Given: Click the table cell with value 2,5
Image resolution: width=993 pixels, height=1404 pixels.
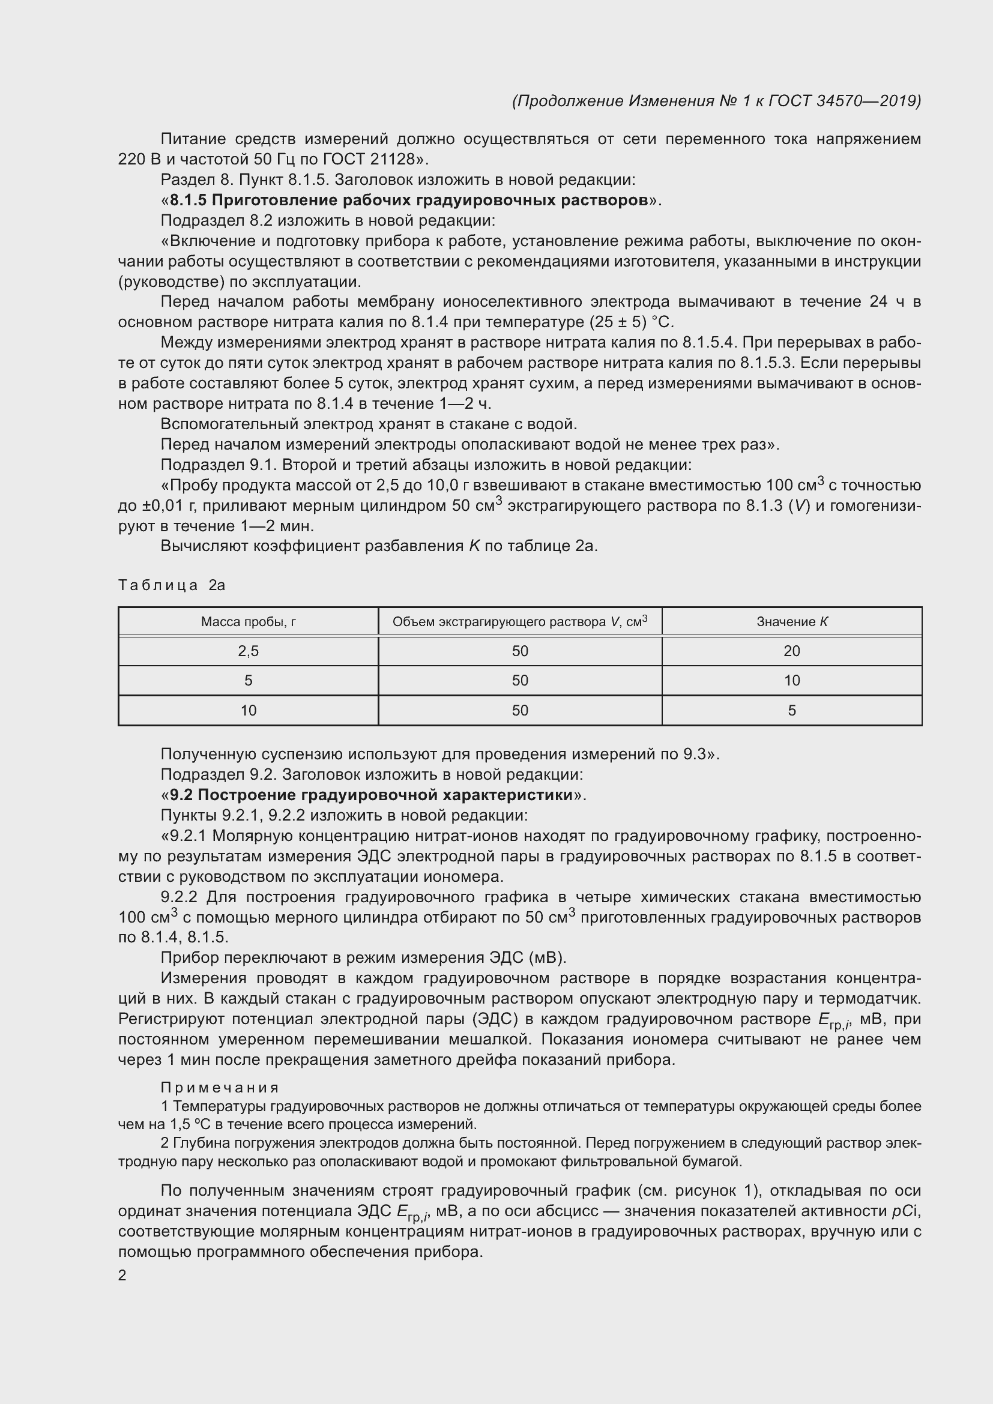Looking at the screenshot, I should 249,651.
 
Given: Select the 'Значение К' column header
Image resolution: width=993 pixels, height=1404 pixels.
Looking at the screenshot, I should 792,622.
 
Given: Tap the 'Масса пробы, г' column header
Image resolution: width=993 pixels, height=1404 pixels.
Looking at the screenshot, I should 249,622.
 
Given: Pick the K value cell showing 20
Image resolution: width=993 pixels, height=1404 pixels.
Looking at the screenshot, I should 792,651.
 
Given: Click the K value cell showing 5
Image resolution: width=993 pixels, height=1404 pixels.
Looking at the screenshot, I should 792,711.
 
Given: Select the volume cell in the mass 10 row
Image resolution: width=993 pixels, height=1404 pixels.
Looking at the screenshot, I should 520,711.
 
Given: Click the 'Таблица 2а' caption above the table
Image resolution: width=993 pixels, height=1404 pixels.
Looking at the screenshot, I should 172,585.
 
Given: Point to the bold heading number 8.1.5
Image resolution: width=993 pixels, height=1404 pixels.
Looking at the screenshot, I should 188,200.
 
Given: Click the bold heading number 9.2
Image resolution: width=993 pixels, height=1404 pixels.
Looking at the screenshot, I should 181,795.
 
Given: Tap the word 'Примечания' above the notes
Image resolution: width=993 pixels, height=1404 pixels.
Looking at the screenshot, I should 220,1088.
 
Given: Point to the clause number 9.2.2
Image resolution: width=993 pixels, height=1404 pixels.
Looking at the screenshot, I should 179,897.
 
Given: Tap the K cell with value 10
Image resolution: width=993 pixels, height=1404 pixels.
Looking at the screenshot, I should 792,681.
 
